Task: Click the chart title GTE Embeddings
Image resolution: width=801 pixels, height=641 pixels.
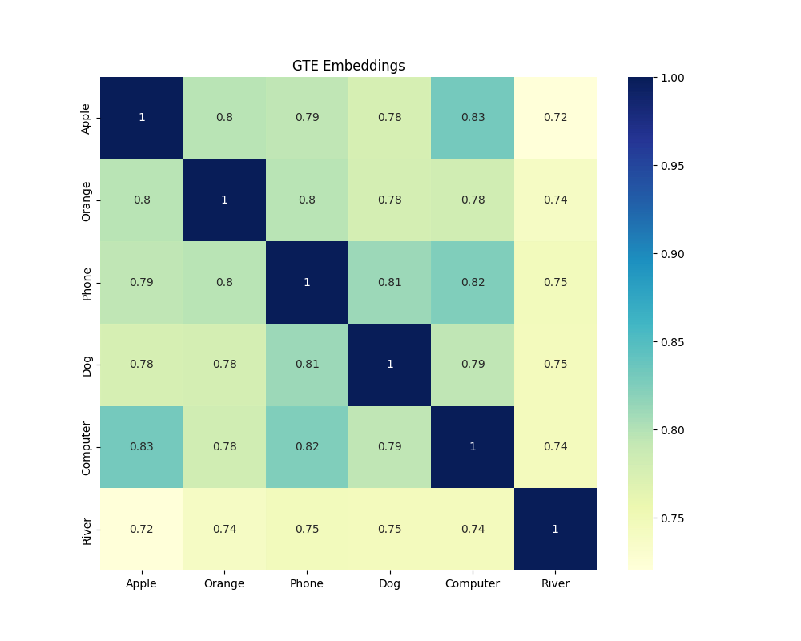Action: pos(348,66)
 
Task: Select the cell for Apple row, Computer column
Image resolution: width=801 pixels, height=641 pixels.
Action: pos(473,118)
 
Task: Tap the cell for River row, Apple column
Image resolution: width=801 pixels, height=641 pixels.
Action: pos(142,529)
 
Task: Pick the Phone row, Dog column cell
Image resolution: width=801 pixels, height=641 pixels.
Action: pos(390,282)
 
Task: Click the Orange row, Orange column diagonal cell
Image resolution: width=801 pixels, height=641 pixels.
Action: pos(224,200)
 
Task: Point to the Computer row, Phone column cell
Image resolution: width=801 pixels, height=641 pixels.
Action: pos(307,446)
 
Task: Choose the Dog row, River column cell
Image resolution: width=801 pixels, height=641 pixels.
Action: pos(555,364)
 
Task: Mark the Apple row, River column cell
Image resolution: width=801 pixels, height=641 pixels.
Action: pos(555,118)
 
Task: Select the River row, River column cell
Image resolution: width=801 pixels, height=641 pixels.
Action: pos(555,529)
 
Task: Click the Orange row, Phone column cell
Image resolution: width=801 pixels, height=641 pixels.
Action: pos(307,200)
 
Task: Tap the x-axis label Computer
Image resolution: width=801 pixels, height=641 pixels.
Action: pos(473,584)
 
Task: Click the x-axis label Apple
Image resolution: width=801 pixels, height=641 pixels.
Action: pos(142,584)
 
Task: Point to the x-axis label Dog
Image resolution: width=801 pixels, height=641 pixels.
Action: pos(390,584)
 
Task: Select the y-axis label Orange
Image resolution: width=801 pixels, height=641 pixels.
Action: pos(87,200)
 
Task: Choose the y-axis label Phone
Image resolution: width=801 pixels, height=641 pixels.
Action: pos(87,282)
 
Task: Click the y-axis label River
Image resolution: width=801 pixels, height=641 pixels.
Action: pos(87,529)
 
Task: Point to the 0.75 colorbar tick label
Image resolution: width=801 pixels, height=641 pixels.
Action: pos(671,518)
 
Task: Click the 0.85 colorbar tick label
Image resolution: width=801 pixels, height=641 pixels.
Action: pos(671,342)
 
